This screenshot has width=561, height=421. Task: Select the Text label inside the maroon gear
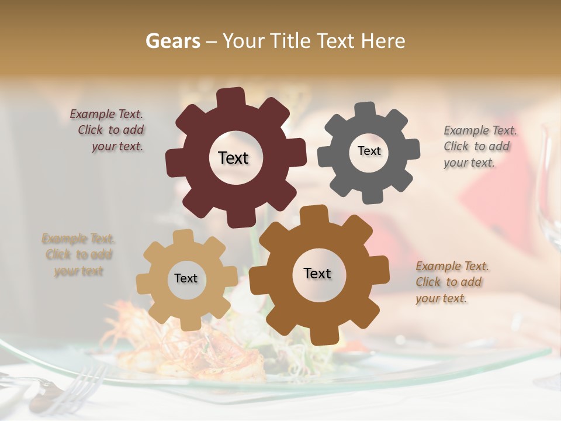point(233,158)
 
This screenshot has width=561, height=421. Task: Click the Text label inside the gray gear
point(369,151)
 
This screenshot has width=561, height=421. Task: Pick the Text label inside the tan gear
point(185,279)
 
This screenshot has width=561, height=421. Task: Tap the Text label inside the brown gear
point(317,273)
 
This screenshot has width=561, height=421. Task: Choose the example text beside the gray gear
point(479,147)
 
